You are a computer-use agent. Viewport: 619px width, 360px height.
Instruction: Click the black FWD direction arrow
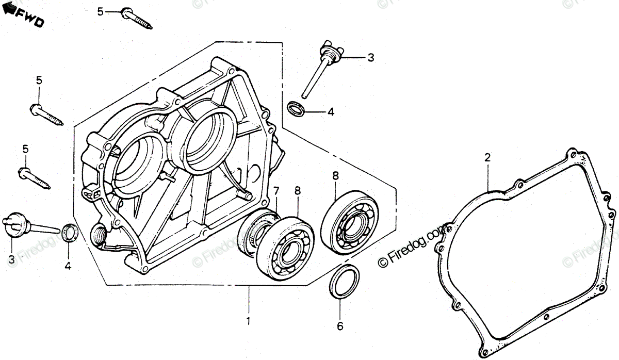9,11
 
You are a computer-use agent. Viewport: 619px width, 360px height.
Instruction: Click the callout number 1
249,321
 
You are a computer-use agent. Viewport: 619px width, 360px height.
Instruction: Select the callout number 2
486,158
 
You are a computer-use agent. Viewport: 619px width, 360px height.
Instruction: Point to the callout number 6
339,326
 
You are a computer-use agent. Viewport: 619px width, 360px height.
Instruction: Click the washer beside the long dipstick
296,109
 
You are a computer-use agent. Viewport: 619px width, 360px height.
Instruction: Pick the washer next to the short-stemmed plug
70,233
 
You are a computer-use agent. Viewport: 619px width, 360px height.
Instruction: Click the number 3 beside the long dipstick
371,58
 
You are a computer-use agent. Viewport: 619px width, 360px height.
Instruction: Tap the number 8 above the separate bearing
335,175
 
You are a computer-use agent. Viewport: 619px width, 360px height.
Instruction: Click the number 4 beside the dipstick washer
331,111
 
